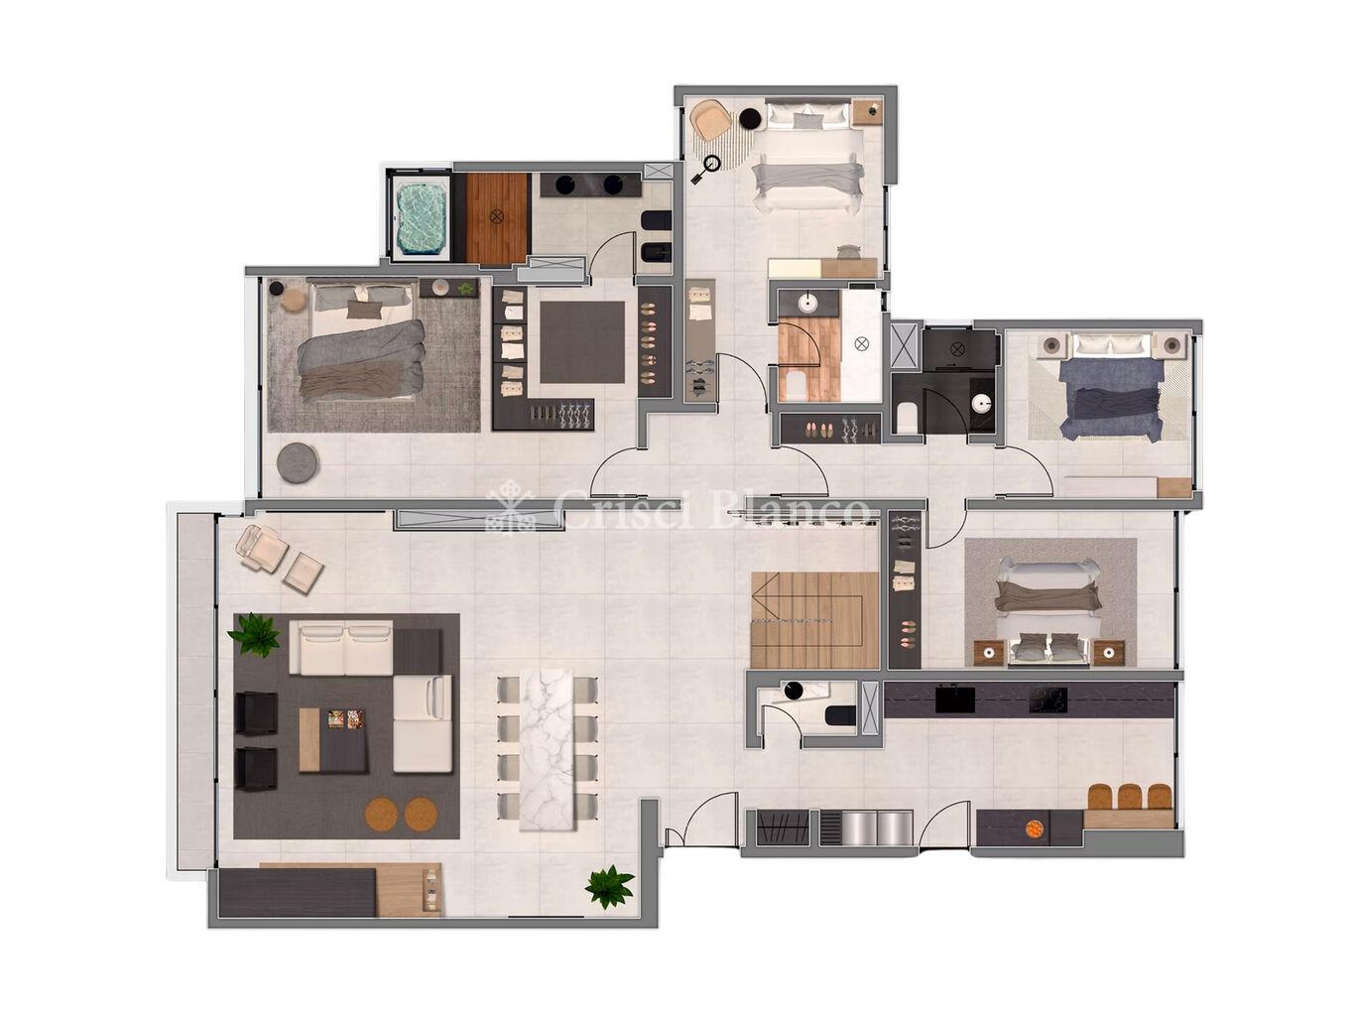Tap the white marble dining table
point(546,749)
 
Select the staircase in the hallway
point(813,620)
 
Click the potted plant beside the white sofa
point(254,633)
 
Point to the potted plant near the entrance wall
point(609,885)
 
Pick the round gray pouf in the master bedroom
point(298,460)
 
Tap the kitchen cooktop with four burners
point(1047,699)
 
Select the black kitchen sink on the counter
point(955,699)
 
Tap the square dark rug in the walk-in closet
point(582,342)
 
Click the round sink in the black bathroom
point(980,404)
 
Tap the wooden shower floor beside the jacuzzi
point(498,217)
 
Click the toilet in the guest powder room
point(840,715)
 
